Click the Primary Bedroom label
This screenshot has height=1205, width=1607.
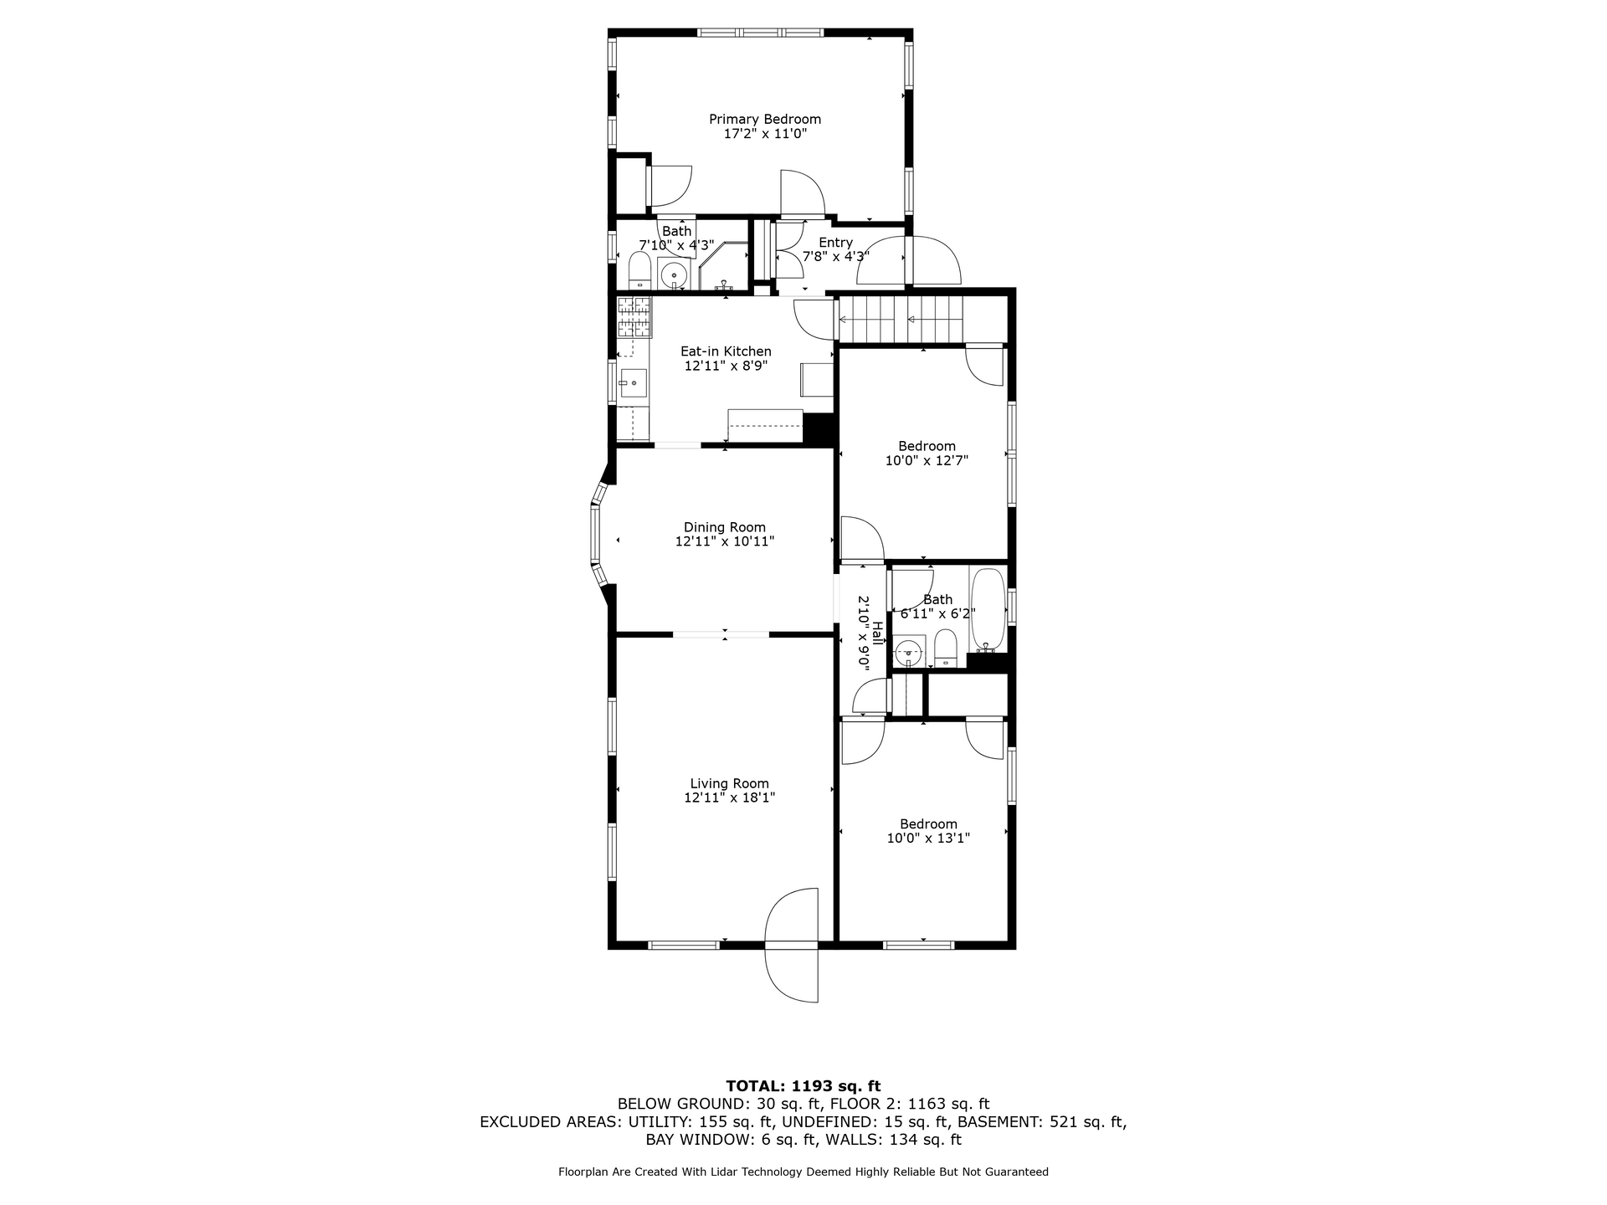765,120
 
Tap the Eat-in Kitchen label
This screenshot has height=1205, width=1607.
726,351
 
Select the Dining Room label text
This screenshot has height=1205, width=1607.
725,527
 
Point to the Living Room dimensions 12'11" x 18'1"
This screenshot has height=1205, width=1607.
730,797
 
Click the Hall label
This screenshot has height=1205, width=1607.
877,633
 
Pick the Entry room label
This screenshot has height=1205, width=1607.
835,243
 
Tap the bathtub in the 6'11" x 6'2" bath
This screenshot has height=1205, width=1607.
988,609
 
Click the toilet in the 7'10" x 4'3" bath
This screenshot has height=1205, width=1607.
639,271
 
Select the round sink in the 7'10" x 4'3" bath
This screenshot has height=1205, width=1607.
673,273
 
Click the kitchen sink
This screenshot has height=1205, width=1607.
633,385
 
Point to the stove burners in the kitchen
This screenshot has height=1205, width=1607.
634,316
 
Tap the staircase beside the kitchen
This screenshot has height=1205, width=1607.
901,320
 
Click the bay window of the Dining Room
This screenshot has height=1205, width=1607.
599,536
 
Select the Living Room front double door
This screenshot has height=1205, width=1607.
792,946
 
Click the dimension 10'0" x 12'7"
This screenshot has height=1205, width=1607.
927,460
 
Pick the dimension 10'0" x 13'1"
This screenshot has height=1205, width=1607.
928,838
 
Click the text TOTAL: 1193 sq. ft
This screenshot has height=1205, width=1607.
803,1086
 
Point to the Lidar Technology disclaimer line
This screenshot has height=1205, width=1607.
803,1172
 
